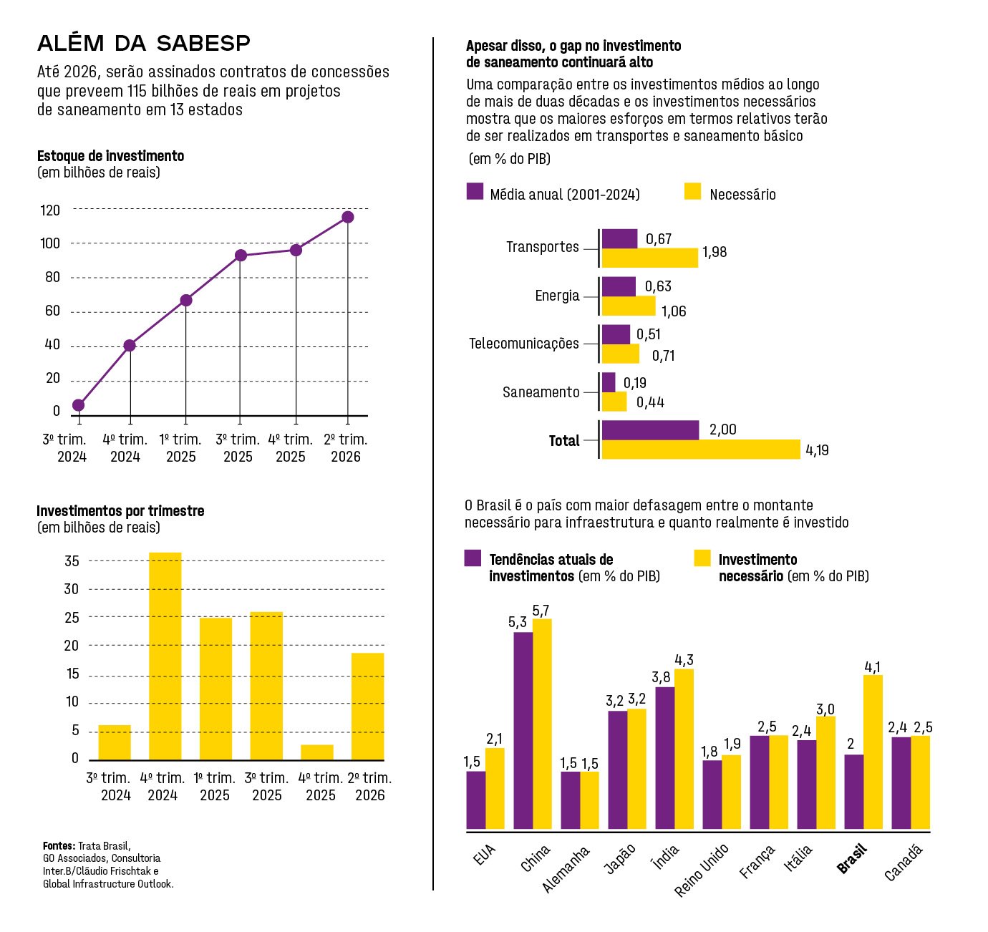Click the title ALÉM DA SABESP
[144, 44]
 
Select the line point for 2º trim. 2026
[347, 217]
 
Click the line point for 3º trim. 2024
[78, 405]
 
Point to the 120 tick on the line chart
[50, 210]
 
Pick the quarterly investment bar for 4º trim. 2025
[316, 752]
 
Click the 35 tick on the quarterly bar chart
[72, 561]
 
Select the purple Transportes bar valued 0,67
[619, 239]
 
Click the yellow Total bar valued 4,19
[700, 450]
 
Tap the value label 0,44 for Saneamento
[650, 402]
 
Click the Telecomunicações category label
[523, 344]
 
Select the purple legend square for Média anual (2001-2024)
[475, 191]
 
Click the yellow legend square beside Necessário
[692, 191]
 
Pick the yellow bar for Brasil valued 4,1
[873, 752]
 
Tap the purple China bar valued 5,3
[523, 730]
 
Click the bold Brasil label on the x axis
[852, 859]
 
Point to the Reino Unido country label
[702, 870]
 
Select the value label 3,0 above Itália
[825, 709]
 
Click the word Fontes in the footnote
[59, 845]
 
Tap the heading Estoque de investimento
[110, 156]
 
